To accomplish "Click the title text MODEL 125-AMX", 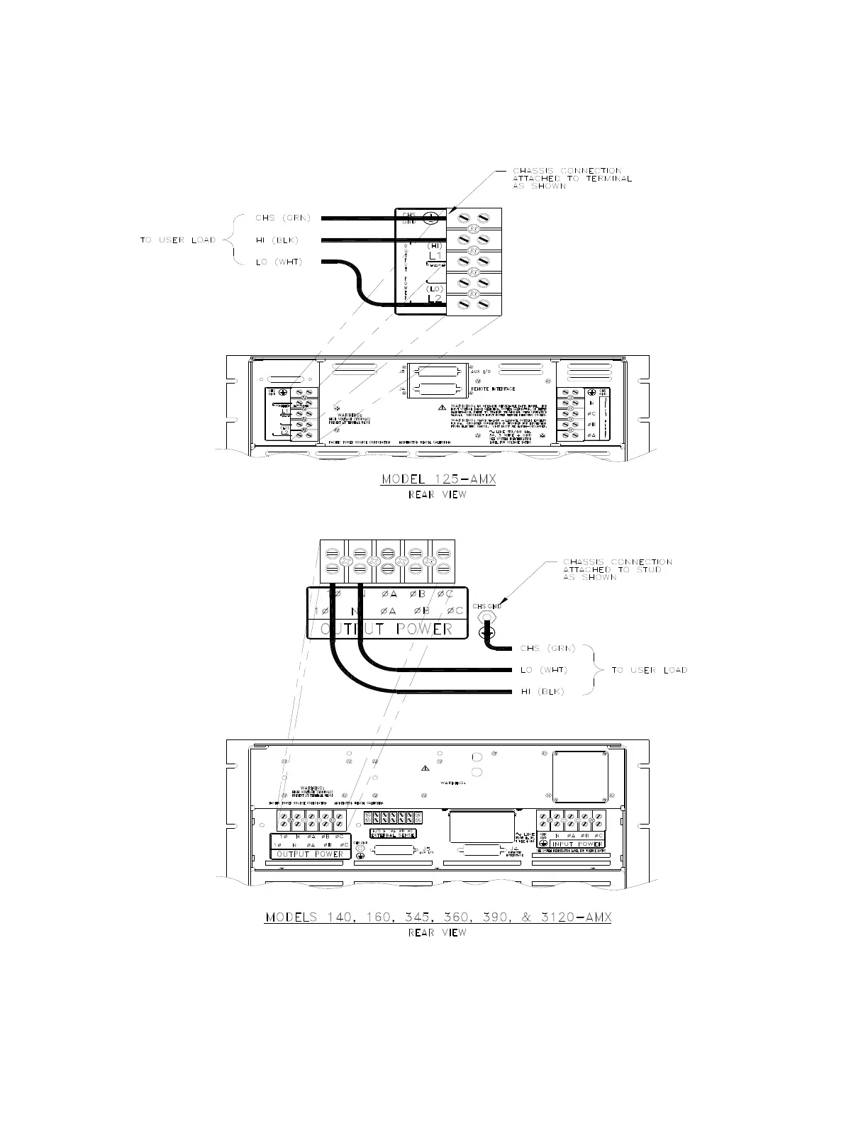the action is [x=438, y=479].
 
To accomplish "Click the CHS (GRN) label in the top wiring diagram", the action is [x=282, y=218].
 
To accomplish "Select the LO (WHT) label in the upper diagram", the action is [x=279, y=262].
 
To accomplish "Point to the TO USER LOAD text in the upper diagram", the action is [x=177, y=240].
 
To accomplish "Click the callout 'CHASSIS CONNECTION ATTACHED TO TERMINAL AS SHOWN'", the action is [x=572, y=178].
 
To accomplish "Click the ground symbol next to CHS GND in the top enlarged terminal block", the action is [x=430, y=218].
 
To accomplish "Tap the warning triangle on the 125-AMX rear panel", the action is [x=443, y=407].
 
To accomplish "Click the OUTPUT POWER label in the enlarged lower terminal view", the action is [x=386, y=629].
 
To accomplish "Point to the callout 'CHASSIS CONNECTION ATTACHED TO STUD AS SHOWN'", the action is [x=617, y=569].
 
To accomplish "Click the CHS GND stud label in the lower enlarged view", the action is [x=487, y=606].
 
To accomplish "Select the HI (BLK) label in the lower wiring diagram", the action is [x=542, y=692].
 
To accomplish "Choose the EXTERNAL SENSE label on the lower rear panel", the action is [x=393, y=835].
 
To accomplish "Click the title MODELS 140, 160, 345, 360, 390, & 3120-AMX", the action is [x=438, y=917].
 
